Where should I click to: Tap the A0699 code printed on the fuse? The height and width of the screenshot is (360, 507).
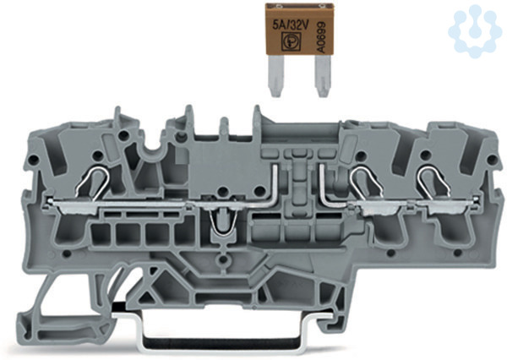(x=321, y=37)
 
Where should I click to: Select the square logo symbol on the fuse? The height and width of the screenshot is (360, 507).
(x=291, y=42)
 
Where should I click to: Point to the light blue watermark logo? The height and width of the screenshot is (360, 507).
(x=475, y=31)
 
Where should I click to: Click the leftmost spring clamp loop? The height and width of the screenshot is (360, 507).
(x=92, y=181)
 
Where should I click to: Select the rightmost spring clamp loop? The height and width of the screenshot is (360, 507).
(x=433, y=181)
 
